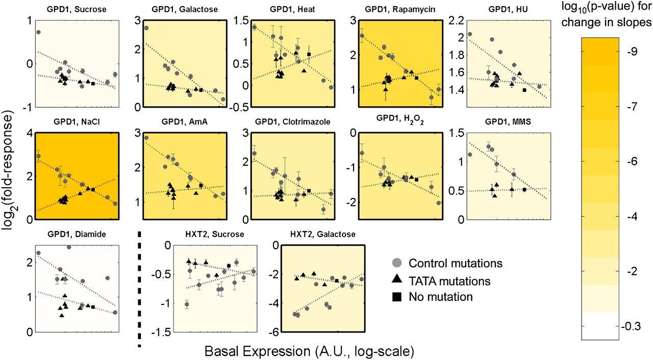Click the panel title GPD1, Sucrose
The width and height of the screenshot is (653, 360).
pos(78,9)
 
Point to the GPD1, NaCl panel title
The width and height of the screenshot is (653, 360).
pos(77,123)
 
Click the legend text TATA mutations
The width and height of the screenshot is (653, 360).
pos(449,280)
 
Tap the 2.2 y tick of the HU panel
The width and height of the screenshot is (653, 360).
pos(457,21)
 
